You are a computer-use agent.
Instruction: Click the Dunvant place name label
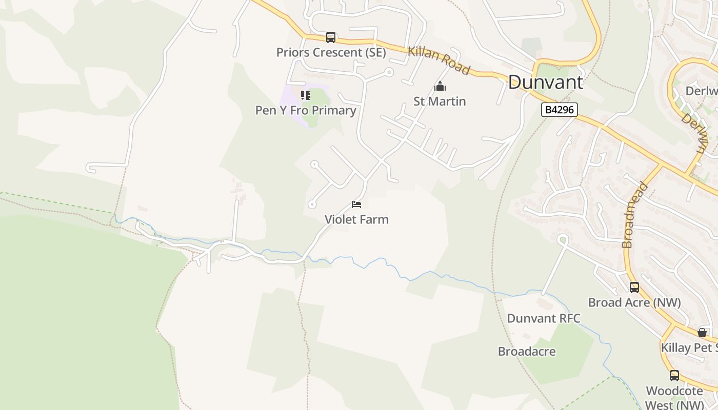point(546,83)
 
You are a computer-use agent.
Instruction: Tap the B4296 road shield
point(560,109)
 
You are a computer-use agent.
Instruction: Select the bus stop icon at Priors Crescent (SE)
point(331,37)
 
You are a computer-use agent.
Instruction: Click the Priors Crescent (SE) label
point(331,52)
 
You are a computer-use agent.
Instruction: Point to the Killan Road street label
point(439,61)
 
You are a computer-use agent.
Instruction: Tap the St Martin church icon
point(440,87)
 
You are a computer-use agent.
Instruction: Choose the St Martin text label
point(440,101)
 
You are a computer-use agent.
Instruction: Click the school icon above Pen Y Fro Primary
point(306,95)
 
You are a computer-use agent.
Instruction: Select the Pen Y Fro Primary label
point(306,110)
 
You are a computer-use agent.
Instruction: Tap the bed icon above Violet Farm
point(356,205)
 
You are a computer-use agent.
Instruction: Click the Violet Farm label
point(356,219)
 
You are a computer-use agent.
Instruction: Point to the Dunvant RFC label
point(544,318)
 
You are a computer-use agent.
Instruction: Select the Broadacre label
point(527,352)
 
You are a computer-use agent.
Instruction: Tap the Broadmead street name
point(635,215)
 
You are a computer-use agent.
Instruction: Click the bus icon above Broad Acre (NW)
point(634,288)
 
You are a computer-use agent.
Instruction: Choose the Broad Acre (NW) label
point(634,302)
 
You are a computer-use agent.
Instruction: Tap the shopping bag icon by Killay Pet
point(702,333)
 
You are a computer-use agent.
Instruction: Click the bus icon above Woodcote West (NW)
point(674,376)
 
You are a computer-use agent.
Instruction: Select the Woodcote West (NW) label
point(674,398)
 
